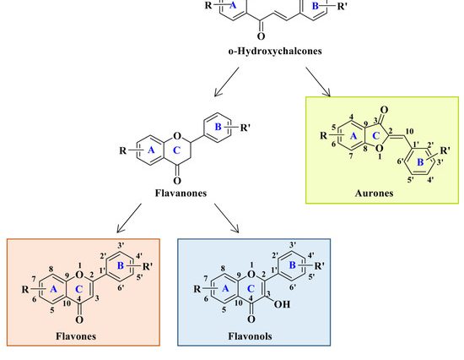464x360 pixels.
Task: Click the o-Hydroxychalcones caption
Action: tap(275, 51)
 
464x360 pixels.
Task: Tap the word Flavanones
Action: tap(181, 193)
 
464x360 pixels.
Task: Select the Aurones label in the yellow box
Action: tap(374, 193)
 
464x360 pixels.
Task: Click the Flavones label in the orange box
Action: tap(76, 336)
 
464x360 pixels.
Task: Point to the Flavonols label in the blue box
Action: tap(250, 336)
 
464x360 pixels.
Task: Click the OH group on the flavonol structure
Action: tap(282, 304)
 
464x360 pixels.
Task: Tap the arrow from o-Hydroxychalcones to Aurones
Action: tap(318, 82)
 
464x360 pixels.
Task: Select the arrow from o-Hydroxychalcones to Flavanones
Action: tap(226, 82)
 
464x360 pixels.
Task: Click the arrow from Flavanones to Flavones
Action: tap(129, 218)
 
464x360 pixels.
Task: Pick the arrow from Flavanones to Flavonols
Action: tap(227, 218)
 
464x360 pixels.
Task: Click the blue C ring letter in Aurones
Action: tap(375, 136)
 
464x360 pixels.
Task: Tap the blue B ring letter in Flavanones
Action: tap(219, 127)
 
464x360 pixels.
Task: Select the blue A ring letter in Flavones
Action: tap(53, 289)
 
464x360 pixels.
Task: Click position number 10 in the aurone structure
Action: tap(409, 131)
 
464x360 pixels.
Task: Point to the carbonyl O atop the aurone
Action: tap(384, 110)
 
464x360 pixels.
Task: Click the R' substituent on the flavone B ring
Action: tap(148, 266)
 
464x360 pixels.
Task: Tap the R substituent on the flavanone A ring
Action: tap(123, 150)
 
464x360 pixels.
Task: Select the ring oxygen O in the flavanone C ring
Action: tap(177, 136)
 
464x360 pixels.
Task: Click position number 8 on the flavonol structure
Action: tap(223, 269)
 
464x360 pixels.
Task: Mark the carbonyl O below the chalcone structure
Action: tap(261, 36)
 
